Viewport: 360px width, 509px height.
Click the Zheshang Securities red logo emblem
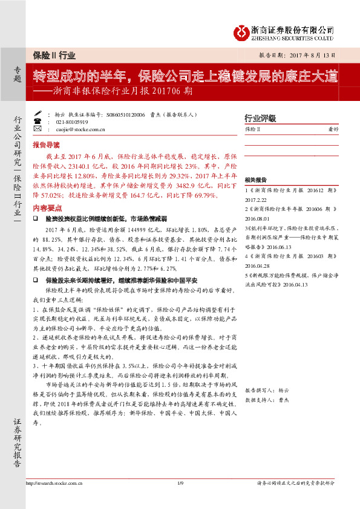click(240, 30)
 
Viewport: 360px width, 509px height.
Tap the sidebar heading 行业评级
click(259, 118)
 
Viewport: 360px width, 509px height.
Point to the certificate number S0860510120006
click(125, 114)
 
